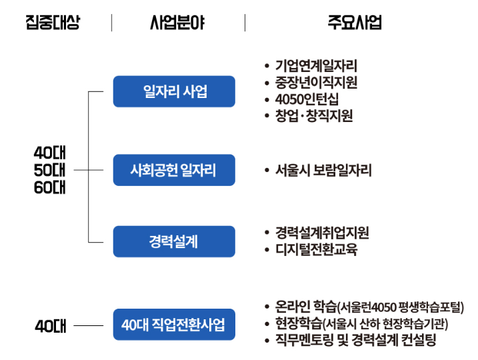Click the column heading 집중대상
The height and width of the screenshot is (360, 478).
tap(53, 23)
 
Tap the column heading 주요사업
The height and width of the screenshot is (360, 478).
tap(355, 23)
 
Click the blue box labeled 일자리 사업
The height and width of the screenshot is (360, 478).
tap(174, 91)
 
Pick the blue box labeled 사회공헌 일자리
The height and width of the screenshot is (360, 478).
tap(174, 170)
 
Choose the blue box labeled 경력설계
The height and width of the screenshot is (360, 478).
tap(174, 241)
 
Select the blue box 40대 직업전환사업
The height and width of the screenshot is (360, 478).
tap(174, 325)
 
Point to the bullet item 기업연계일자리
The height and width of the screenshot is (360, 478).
tap(316, 66)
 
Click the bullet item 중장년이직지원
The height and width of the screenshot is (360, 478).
tap(316, 83)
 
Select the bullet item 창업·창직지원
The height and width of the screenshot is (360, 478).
tap(313, 116)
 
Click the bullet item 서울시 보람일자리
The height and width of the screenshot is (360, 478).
tap(323, 170)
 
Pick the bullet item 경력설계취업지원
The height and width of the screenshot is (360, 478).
tap(321, 233)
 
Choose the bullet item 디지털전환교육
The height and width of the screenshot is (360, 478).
tap(316, 250)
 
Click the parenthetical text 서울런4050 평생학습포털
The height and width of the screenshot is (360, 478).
tap(400, 308)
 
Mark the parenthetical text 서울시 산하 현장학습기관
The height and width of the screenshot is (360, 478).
tap(385, 325)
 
